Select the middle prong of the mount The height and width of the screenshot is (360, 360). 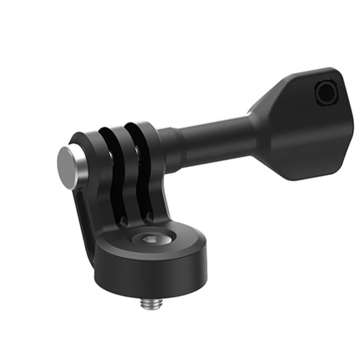tap(119, 171)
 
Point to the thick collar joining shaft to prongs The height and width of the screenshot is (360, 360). tap(167, 144)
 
